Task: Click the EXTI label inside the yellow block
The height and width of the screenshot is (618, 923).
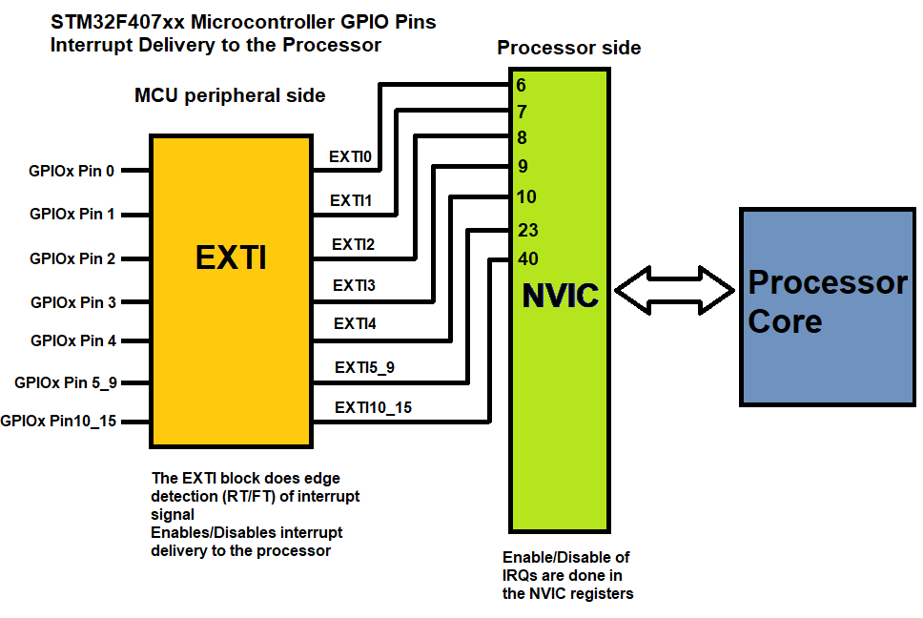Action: pyautogui.click(x=231, y=258)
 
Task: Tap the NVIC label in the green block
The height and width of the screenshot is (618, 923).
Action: pyautogui.click(x=560, y=296)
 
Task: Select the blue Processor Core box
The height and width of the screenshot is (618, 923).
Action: pyautogui.click(x=827, y=305)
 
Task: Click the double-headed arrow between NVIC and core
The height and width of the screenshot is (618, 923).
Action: pyautogui.click(x=675, y=288)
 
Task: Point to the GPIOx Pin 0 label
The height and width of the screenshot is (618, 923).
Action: pyautogui.click(x=72, y=172)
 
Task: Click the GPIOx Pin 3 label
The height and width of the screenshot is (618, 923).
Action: pyautogui.click(x=73, y=303)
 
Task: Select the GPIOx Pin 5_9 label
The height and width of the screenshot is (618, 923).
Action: pyautogui.click(x=66, y=382)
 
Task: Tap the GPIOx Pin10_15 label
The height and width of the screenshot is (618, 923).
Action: pyautogui.click(x=58, y=421)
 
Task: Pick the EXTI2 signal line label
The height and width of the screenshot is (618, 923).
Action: pyautogui.click(x=353, y=244)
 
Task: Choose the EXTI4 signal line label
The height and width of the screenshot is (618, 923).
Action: pyautogui.click(x=355, y=324)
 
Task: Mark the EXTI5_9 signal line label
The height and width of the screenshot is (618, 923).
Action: pyautogui.click(x=363, y=367)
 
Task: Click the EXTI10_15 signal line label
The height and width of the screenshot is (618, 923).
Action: pyautogui.click(x=373, y=408)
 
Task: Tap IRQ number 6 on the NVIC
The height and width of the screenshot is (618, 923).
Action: pyautogui.click(x=521, y=86)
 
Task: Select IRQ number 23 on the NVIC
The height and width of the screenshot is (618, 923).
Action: pyautogui.click(x=528, y=230)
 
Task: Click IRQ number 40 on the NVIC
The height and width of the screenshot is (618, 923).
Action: pyautogui.click(x=528, y=258)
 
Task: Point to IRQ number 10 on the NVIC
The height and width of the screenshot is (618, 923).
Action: pyautogui.click(x=526, y=197)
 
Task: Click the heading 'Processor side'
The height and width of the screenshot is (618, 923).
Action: pyautogui.click(x=568, y=48)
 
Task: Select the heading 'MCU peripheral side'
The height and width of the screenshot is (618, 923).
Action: pyautogui.click(x=230, y=95)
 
